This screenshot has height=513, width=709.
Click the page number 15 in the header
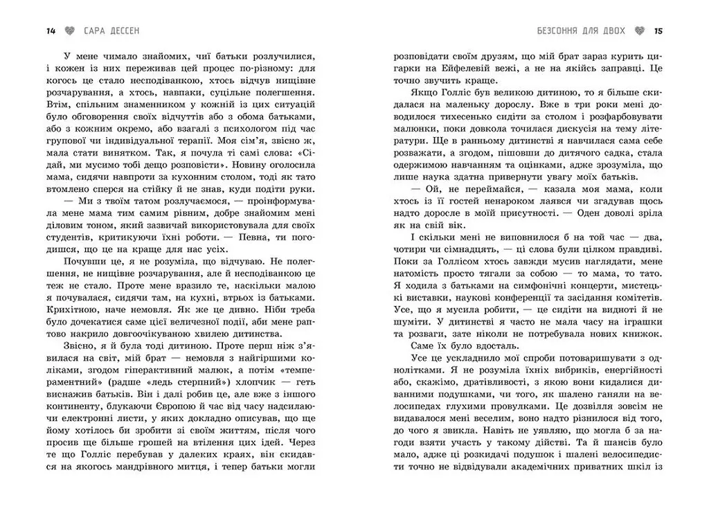(x=658, y=31)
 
